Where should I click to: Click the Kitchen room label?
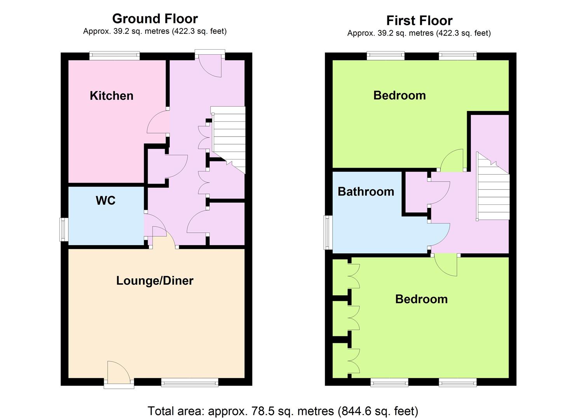112,96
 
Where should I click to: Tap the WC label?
106,200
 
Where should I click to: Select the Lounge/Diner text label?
155,280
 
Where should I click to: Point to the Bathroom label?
366,192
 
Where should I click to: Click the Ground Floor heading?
155,19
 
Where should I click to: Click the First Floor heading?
419,21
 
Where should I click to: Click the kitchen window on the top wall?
115,55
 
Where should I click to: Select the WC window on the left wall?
64,230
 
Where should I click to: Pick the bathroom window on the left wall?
328,232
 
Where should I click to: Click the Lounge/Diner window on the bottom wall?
190,383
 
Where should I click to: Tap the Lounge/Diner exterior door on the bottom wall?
119,374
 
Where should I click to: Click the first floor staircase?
493,186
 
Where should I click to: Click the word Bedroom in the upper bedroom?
399,96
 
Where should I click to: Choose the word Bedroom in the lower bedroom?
422,300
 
